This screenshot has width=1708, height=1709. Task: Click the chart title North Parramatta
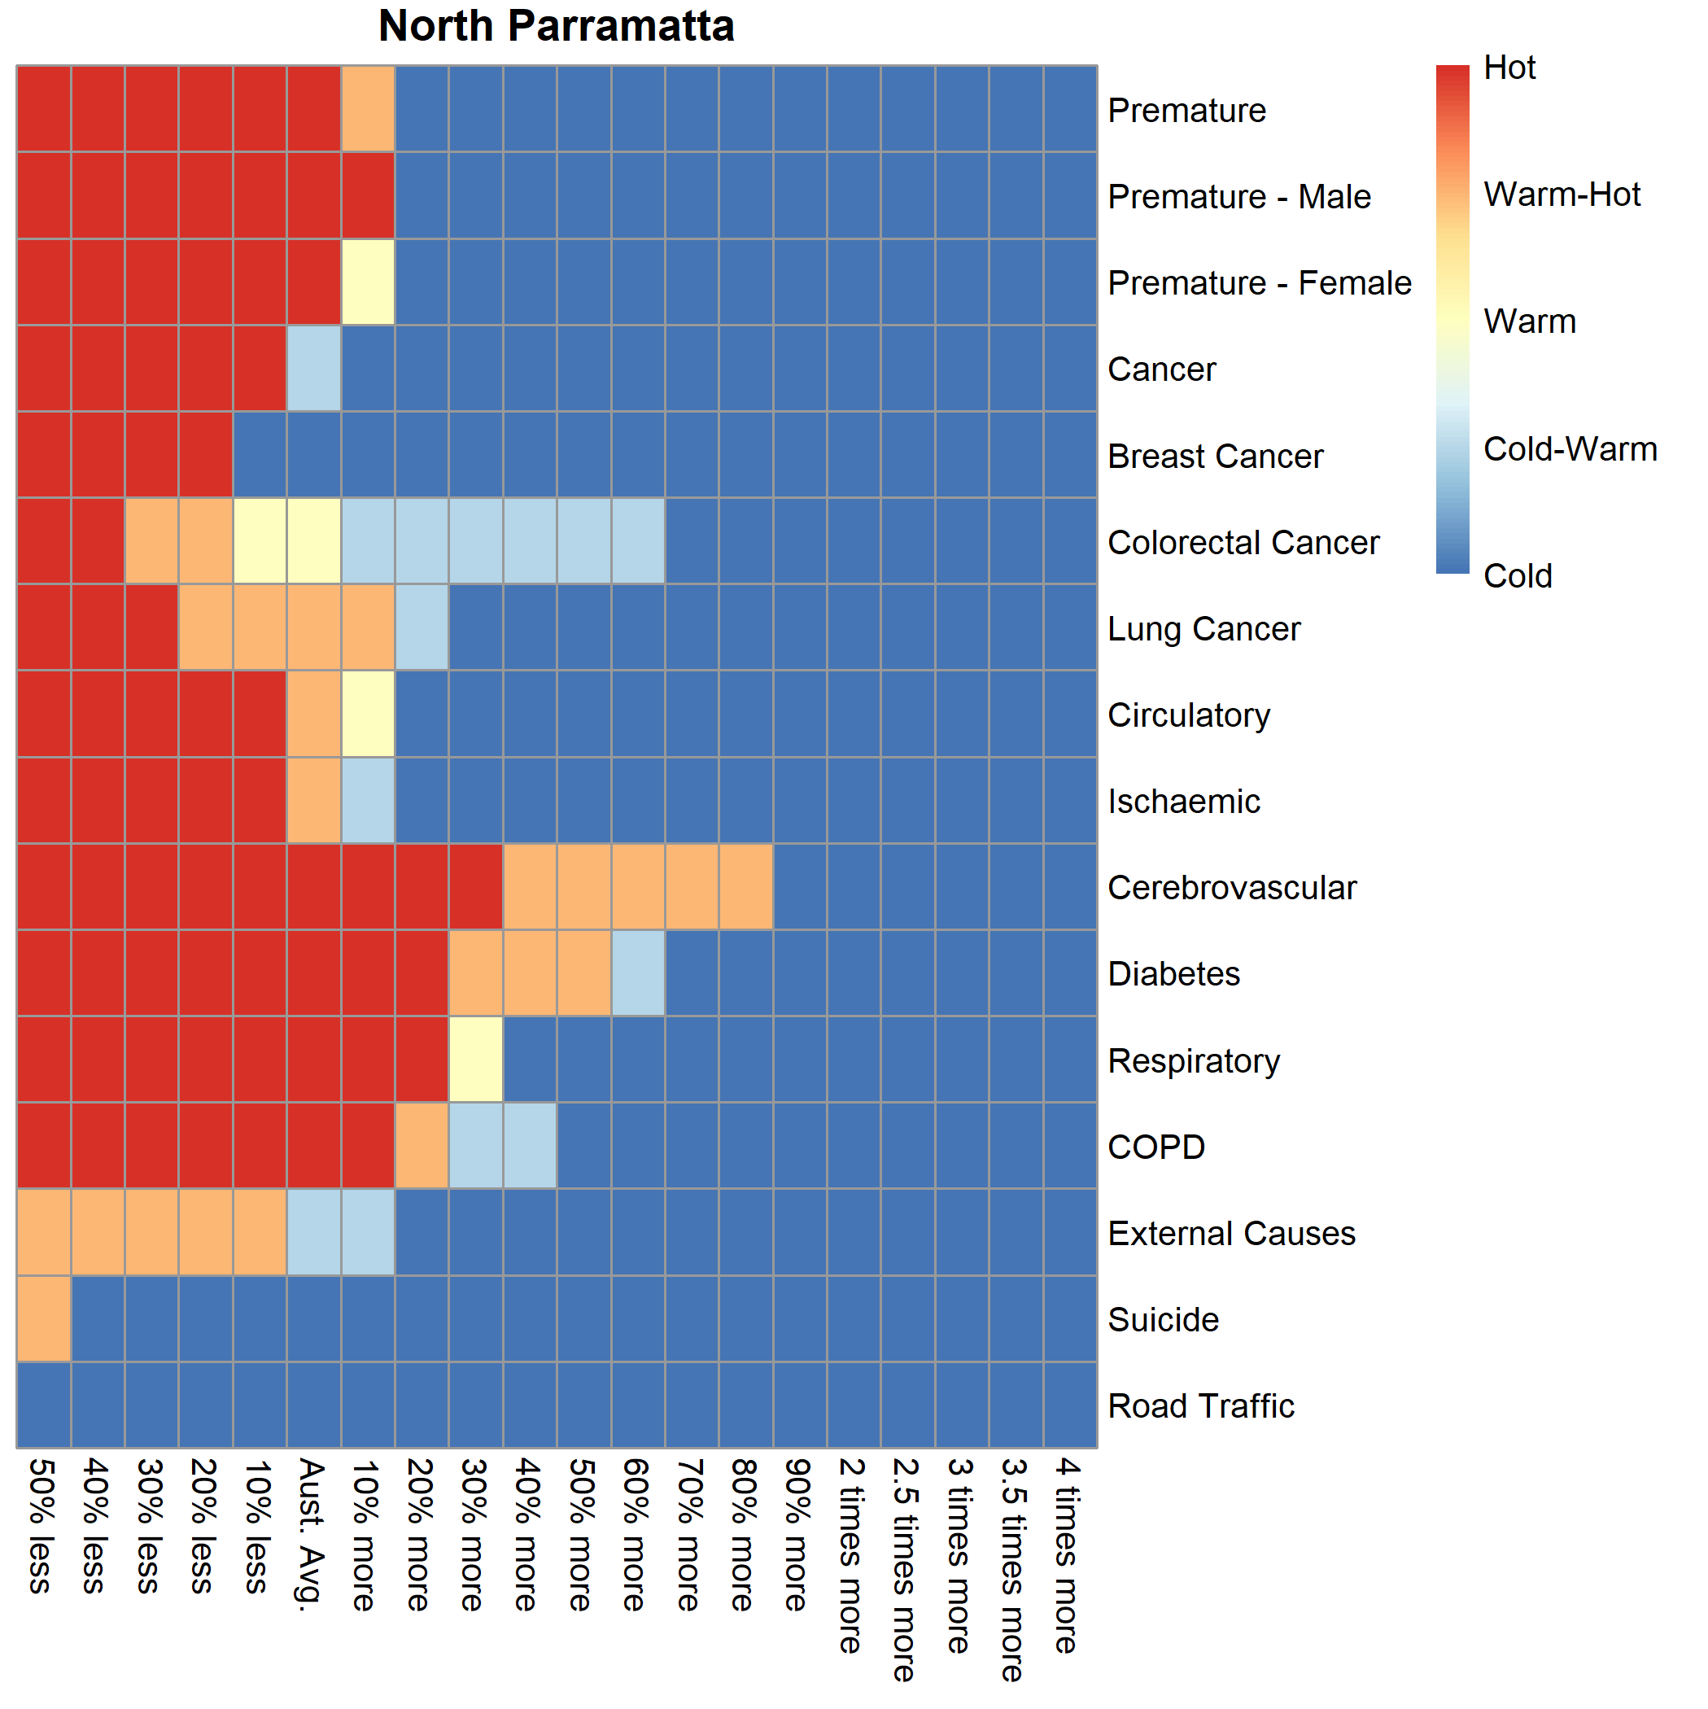(x=557, y=27)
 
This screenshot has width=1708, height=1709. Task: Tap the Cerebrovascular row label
(x=1231, y=887)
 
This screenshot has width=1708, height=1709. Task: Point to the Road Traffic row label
(x=1200, y=1405)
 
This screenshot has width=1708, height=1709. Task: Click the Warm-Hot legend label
(x=1562, y=195)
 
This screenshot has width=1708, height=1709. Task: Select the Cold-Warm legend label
(x=1569, y=449)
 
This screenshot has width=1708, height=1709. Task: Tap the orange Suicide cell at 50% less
(x=43, y=1319)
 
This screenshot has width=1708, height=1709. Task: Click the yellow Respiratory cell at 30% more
(x=476, y=1060)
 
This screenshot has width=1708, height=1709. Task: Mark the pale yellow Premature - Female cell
(x=368, y=282)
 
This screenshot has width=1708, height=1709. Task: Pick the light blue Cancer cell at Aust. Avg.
(x=314, y=369)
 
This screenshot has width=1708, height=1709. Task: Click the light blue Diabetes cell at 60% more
(x=638, y=973)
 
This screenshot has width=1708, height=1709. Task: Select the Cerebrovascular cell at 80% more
(x=745, y=887)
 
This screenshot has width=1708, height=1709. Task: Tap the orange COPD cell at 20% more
(x=422, y=1147)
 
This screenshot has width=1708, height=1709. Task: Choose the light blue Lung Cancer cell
(x=422, y=628)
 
